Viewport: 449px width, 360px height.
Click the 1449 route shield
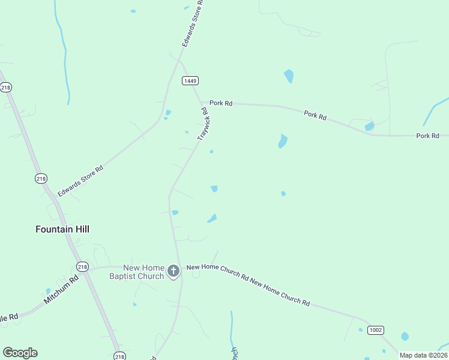191,80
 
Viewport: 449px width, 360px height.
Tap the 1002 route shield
376,330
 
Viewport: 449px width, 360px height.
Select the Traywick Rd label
203,124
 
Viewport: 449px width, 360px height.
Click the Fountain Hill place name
62,229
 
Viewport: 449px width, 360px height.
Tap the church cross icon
173,271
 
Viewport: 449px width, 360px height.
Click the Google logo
20,353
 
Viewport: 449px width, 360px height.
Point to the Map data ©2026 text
423,355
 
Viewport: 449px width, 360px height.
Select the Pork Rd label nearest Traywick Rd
221,103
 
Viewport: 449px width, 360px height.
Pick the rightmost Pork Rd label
428,136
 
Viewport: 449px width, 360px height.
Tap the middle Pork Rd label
315,115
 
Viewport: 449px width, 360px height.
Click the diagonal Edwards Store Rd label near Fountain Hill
80,181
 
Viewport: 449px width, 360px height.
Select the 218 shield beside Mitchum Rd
82,266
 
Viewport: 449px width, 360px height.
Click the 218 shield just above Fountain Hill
41,179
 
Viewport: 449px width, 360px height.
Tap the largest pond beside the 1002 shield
405,337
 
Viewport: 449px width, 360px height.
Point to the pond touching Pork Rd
369,127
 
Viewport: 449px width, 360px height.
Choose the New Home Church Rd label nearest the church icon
217,272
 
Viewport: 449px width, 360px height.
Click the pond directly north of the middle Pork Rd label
289,76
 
